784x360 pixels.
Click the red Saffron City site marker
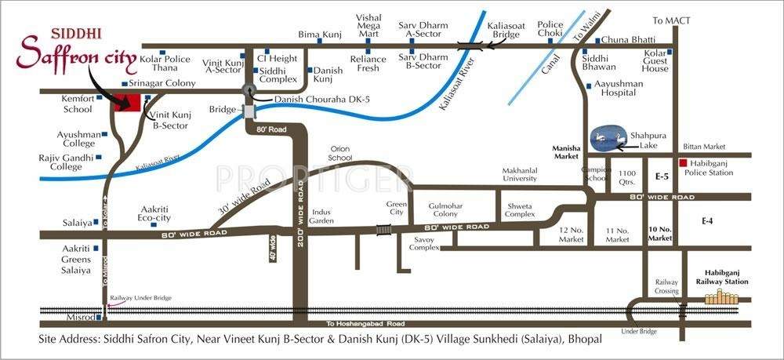(128, 103)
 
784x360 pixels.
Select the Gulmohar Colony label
(443, 209)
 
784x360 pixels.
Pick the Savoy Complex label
(424, 242)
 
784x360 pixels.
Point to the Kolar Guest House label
(655, 61)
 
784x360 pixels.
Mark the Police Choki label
(550, 29)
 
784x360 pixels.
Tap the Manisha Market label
(565, 151)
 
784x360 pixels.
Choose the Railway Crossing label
(667, 286)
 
